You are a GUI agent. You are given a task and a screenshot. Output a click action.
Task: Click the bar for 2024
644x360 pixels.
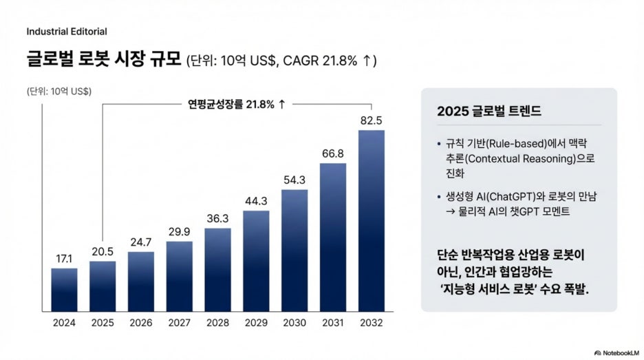64,290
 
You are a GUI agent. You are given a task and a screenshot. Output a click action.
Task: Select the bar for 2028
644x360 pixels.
217,270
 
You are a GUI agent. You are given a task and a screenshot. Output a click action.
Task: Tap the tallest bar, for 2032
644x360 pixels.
372,221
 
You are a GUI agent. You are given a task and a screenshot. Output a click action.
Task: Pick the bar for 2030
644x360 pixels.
294,251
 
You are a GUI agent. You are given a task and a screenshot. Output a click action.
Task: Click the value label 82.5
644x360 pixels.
372,120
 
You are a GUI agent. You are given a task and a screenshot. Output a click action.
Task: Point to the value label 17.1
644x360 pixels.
64,259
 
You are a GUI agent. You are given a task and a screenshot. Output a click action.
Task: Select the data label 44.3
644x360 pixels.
256,201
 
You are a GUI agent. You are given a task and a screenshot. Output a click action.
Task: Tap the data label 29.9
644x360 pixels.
180,232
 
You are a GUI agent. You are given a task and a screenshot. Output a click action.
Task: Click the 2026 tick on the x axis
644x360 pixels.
141,323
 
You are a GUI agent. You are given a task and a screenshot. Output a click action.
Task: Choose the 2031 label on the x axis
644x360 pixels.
333,323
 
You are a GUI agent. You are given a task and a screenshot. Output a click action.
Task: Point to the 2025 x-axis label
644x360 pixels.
103,323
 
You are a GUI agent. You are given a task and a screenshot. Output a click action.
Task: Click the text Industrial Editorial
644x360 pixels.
67,32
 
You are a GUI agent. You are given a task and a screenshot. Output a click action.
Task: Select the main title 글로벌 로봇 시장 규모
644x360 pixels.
103,59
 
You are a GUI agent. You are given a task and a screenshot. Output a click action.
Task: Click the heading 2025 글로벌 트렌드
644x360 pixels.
489,111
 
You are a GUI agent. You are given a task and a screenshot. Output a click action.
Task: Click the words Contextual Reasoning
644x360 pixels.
522,158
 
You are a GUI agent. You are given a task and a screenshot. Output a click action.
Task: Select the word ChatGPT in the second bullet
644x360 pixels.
511,197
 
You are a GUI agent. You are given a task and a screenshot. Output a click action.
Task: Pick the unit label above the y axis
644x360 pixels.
59,92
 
